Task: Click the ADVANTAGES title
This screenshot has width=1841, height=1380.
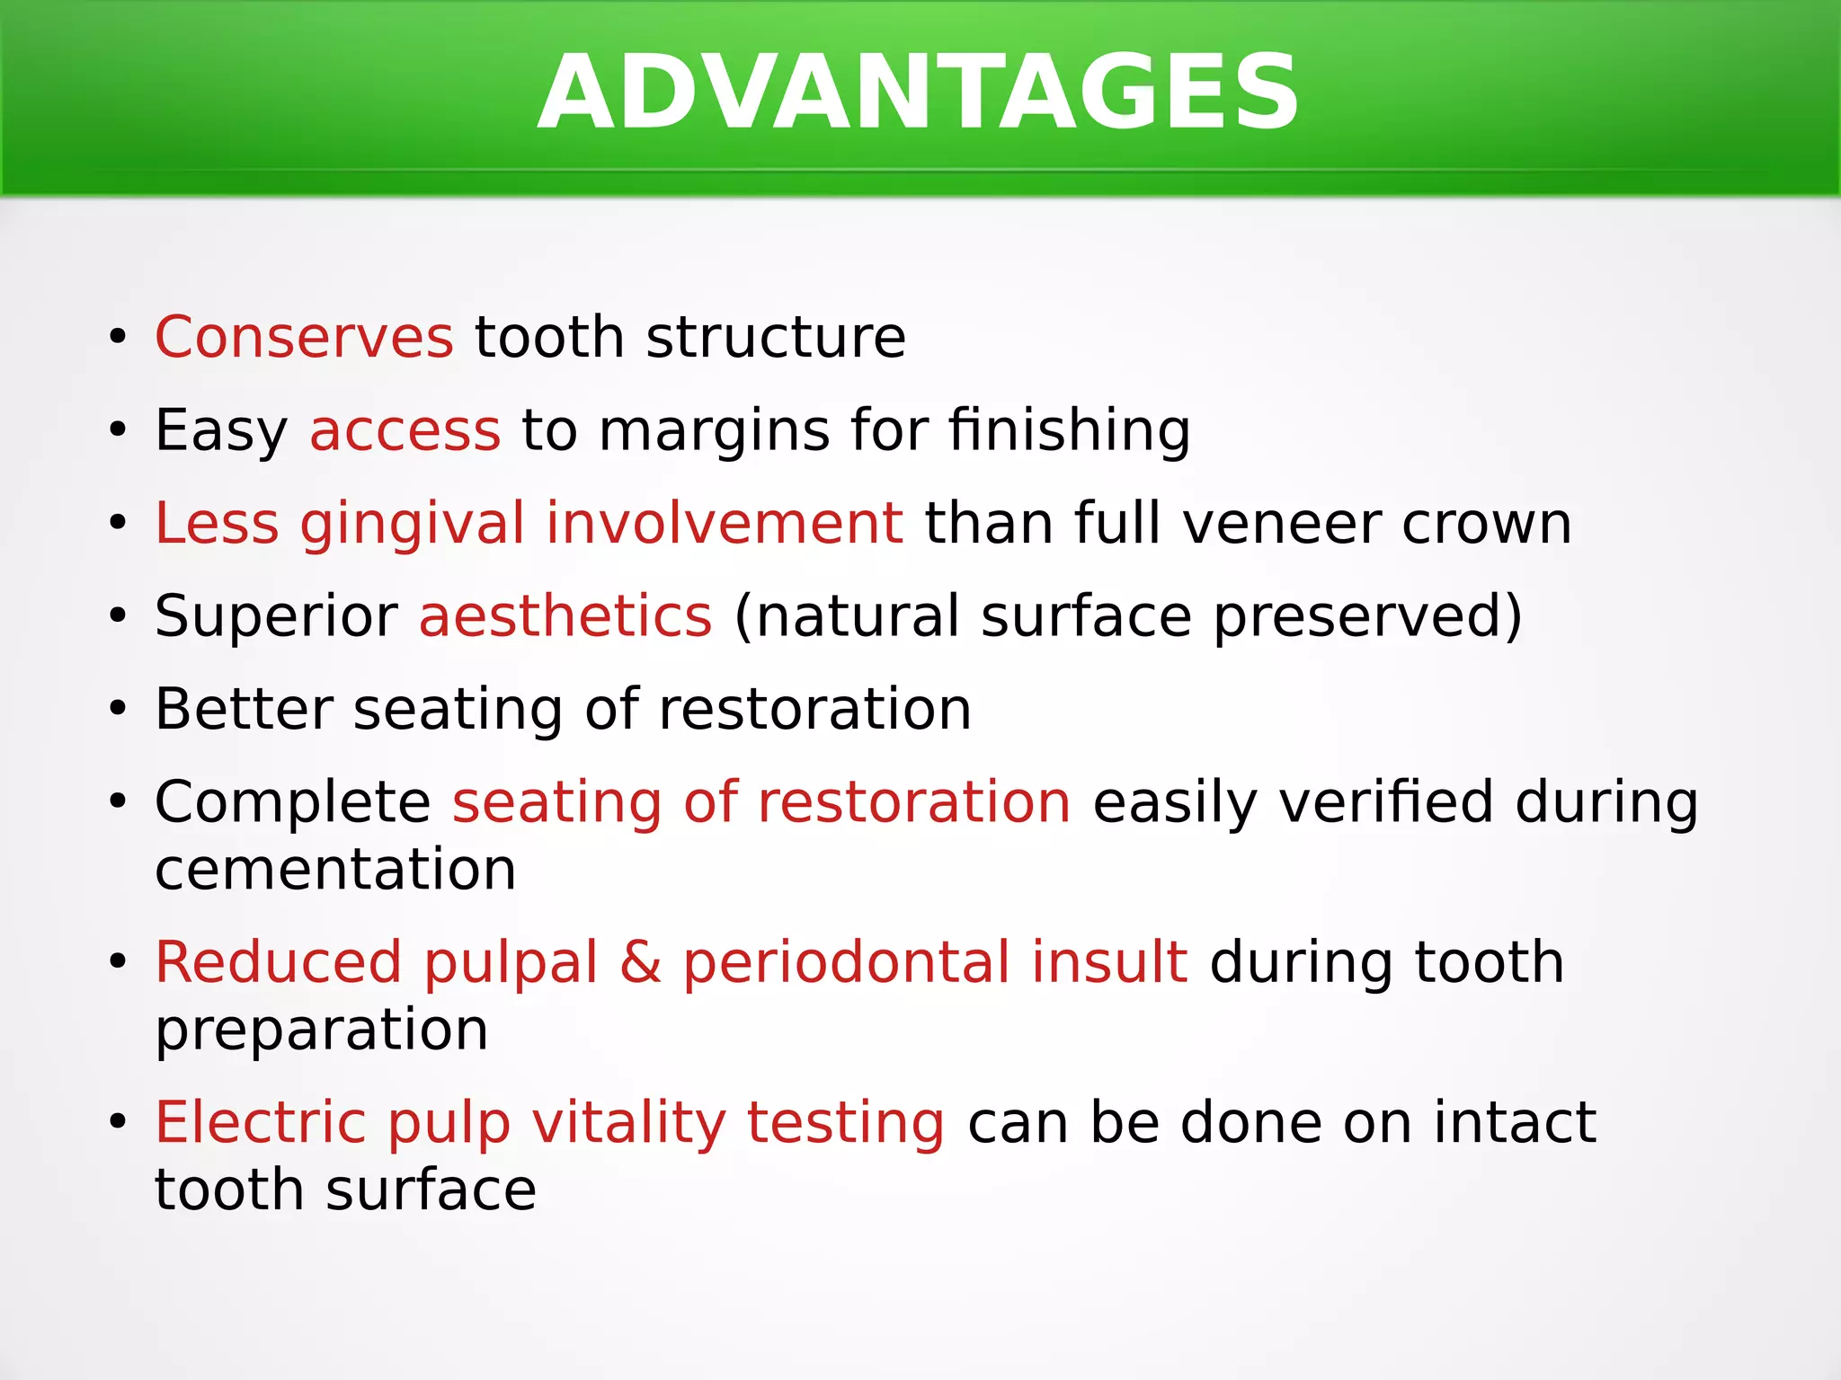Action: [919, 93]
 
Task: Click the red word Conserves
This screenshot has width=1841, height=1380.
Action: [304, 338]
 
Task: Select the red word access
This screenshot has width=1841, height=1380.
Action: [405, 430]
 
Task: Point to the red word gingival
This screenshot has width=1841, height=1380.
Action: [412, 526]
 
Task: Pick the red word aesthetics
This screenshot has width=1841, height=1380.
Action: [565, 617]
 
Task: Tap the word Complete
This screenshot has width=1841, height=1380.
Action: [293, 803]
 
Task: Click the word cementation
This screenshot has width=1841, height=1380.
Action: [335, 870]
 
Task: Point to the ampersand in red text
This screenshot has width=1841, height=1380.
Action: [640, 962]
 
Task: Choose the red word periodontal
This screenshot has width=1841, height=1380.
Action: [846, 964]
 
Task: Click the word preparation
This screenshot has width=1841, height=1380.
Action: [321, 1031]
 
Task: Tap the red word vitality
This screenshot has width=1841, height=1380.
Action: [628, 1125]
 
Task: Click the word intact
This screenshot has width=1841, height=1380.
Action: [1514, 1123]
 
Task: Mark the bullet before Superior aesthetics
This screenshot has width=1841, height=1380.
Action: [118, 618]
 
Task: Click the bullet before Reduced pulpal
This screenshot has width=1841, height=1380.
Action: [118, 963]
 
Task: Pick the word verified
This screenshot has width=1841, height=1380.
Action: [1385, 801]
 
